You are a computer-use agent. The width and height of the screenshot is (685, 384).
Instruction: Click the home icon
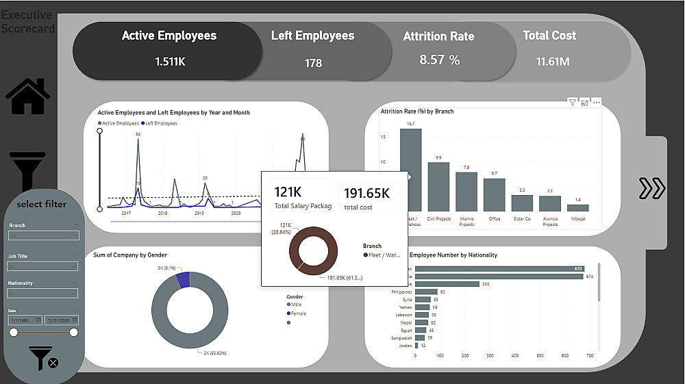coord(28,97)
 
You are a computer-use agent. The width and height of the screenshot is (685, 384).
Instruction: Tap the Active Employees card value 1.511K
coord(170,62)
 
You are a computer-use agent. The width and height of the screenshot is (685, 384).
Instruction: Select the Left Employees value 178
coord(313,63)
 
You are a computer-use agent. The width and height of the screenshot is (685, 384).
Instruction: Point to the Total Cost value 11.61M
coord(553,62)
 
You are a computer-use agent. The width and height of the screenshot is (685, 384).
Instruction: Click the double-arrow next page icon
coord(651,188)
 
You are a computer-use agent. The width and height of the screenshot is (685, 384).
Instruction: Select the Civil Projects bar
coord(438,186)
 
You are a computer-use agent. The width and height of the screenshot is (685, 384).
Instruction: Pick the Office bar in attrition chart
coord(494,194)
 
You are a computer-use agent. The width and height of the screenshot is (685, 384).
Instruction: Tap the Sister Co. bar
coord(522,203)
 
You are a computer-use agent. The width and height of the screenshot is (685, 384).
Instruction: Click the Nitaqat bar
coord(577,207)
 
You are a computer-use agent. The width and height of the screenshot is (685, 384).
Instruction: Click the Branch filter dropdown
coord(44,235)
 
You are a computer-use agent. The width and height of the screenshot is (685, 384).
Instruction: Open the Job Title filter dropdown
coord(44,266)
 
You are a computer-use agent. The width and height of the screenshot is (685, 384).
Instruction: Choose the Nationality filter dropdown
coord(44,294)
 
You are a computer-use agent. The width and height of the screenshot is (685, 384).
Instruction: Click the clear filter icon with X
coord(43,358)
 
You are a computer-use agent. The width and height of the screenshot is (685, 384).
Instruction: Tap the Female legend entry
coord(297,313)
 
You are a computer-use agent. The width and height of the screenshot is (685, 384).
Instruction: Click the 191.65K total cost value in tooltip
coord(366,193)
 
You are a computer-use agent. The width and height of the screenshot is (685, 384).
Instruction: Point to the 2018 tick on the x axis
coord(162,214)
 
